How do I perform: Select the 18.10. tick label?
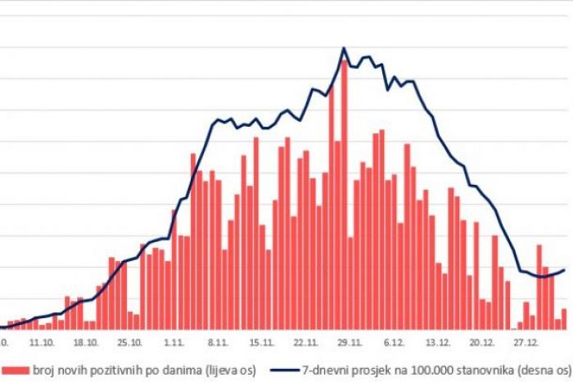click(x=85, y=344)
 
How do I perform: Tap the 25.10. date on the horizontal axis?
click(x=129, y=344)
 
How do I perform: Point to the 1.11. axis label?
click(x=173, y=344)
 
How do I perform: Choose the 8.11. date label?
click(x=216, y=344)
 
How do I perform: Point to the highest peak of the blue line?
click(x=343, y=48)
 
